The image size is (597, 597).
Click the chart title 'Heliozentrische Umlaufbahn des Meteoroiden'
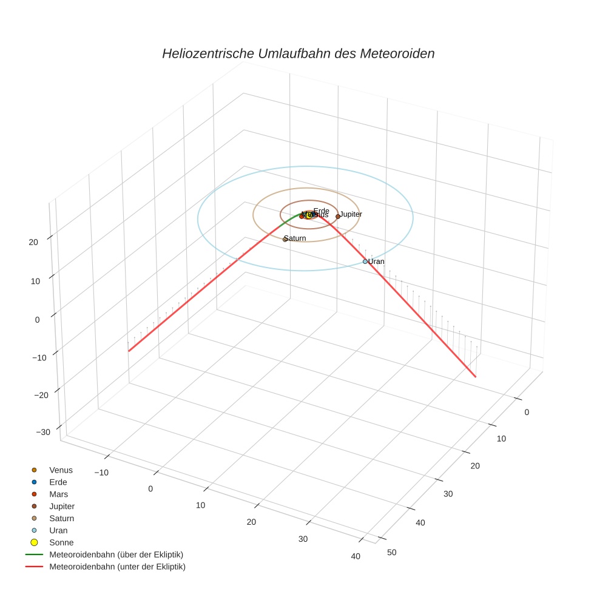[298, 53]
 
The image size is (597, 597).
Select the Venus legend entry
[61, 470]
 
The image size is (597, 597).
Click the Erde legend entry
[58, 482]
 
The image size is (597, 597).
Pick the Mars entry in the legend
[58, 494]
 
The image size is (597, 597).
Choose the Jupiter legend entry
[62, 506]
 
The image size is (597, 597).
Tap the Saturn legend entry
[61, 518]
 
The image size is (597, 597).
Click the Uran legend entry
[58, 530]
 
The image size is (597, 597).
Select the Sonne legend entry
[61, 542]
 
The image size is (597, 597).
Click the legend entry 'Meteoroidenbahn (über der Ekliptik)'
[116, 555]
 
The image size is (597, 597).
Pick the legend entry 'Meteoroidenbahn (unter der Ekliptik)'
[117, 567]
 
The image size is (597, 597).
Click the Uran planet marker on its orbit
[365, 261]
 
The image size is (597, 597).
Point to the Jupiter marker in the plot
[338, 216]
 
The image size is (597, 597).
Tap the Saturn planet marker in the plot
[285, 239]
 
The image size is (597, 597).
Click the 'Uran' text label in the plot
[377, 261]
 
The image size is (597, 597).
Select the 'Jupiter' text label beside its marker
[351, 214]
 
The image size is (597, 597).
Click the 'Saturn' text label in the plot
[295, 238]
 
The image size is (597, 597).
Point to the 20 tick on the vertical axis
[33, 242]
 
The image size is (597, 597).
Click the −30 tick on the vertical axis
[43, 432]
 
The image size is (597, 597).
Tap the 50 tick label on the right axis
[391, 552]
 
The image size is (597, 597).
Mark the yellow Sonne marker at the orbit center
[308, 215]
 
